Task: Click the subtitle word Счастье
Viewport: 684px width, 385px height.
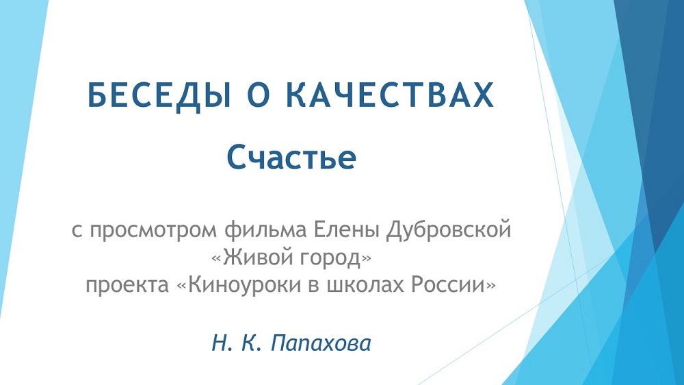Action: tap(291, 158)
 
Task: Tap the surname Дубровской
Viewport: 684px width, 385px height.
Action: tap(448, 230)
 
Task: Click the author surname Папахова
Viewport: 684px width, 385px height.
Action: tap(321, 343)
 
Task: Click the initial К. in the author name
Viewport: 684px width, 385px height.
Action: tap(249, 343)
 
